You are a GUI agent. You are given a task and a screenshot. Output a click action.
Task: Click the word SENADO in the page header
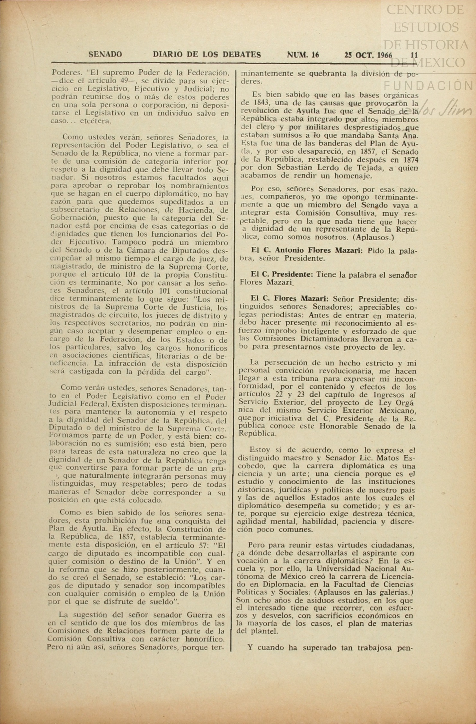coord(105,55)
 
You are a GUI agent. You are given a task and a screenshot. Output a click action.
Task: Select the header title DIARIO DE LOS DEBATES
coord(207,55)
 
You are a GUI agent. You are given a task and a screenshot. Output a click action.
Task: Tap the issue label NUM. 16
coord(303,55)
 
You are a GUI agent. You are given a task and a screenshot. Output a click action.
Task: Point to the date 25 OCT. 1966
coord(368,55)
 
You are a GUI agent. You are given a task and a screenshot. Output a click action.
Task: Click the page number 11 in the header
coord(414,55)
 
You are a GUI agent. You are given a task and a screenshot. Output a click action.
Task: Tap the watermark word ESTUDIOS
coord(426,27)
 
